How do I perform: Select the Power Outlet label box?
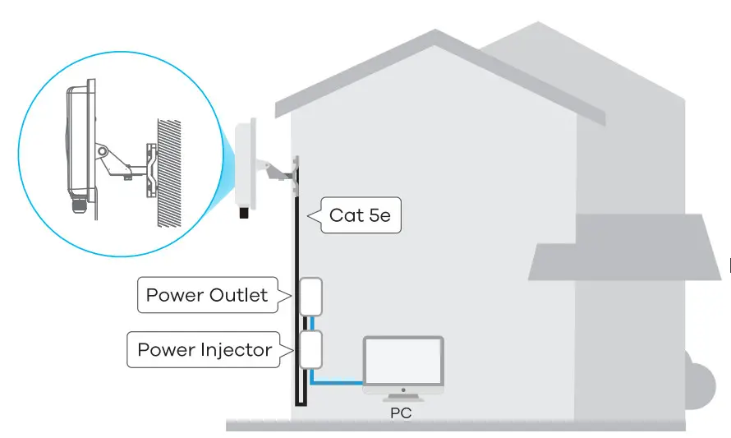click(x=206, y=295)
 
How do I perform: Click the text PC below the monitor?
click(x=401, y=413)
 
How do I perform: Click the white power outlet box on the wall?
click(x=309, y=297)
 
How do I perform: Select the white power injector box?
click(x=309, y=349)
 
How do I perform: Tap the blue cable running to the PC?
click(x=337, y=381)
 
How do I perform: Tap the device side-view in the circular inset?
click(x=79, y=140)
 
